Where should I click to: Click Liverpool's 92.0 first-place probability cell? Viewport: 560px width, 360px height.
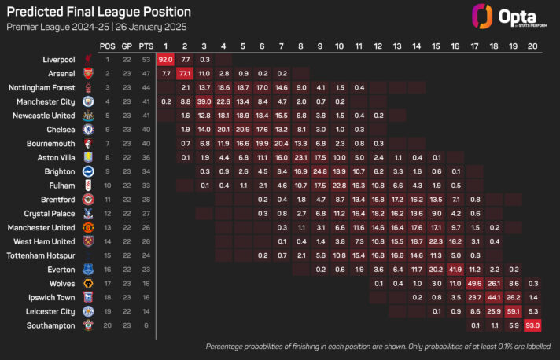tap(165, 59)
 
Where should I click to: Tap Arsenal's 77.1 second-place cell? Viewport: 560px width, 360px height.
tap(185, 73)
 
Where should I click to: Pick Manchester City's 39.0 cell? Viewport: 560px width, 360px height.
tap(204, 101)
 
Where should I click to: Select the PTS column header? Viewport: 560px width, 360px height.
tap(145, 45)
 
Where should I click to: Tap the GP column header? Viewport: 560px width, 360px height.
tap(126, 45)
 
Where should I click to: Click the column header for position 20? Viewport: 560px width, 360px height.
tap(532, 45)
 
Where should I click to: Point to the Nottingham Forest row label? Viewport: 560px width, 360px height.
tap(47, 87)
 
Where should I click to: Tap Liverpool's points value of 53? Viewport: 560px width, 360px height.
tap(145, 59)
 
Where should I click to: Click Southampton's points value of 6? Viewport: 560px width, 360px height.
tap(145, 325)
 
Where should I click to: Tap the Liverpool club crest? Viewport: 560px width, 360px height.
tap(87, 59)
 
